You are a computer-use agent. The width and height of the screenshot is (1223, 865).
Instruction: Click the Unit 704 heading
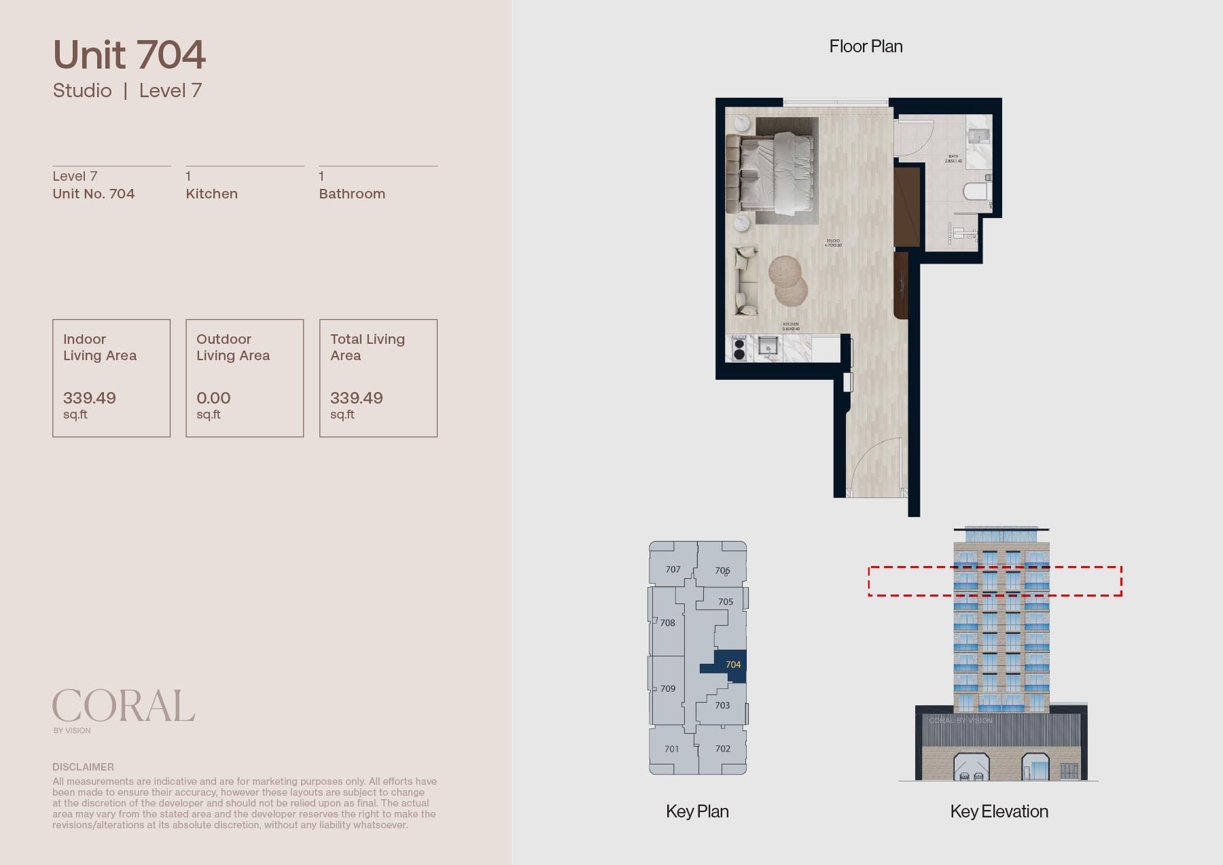pyautogui.click(x=129, y=55)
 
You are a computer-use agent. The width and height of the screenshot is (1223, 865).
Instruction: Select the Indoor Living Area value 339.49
pyautogui.click(x=90, y=398)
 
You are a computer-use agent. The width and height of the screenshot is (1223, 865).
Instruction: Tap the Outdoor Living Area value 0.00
pyautogui.click(x=213, y=398)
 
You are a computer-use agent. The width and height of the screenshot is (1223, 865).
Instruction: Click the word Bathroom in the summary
pyautogui.click(x=352, y=194)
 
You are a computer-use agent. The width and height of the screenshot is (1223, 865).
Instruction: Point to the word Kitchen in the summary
pyautogui.click(x=212, y=194)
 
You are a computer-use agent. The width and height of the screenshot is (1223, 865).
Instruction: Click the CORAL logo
pyautogui.click(x=123, y=707)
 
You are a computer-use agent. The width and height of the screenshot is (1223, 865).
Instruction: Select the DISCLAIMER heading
pyautogui.click(x=83, y=766)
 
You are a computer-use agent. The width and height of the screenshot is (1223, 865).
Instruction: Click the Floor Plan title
pyautogui.click(x=866, y=46)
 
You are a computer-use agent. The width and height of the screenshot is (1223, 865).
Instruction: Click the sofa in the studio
pyautogui.click(x=745, y=281)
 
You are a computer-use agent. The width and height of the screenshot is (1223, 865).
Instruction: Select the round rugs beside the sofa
pyautogui.click(x=787, y=280)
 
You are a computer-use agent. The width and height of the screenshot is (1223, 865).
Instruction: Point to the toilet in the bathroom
pyautogui.click(x=976, y=191)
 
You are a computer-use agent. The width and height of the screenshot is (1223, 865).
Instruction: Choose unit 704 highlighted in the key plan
pyautogui.click(x=732, y=665)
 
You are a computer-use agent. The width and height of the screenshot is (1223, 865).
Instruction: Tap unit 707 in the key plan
pyautogui.click(x=673, y=569)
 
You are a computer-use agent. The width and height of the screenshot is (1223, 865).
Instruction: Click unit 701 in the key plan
pyautogui.click(x=671, y=749)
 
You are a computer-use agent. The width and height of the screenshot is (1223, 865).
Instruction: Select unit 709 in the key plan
pyautogui.click(x=667, y=688)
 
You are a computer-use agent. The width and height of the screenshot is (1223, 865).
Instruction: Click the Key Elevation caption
pyautogui.click(x=999, y=811)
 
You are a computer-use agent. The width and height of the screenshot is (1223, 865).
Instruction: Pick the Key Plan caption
pyautogui.click(x=697, y=811)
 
